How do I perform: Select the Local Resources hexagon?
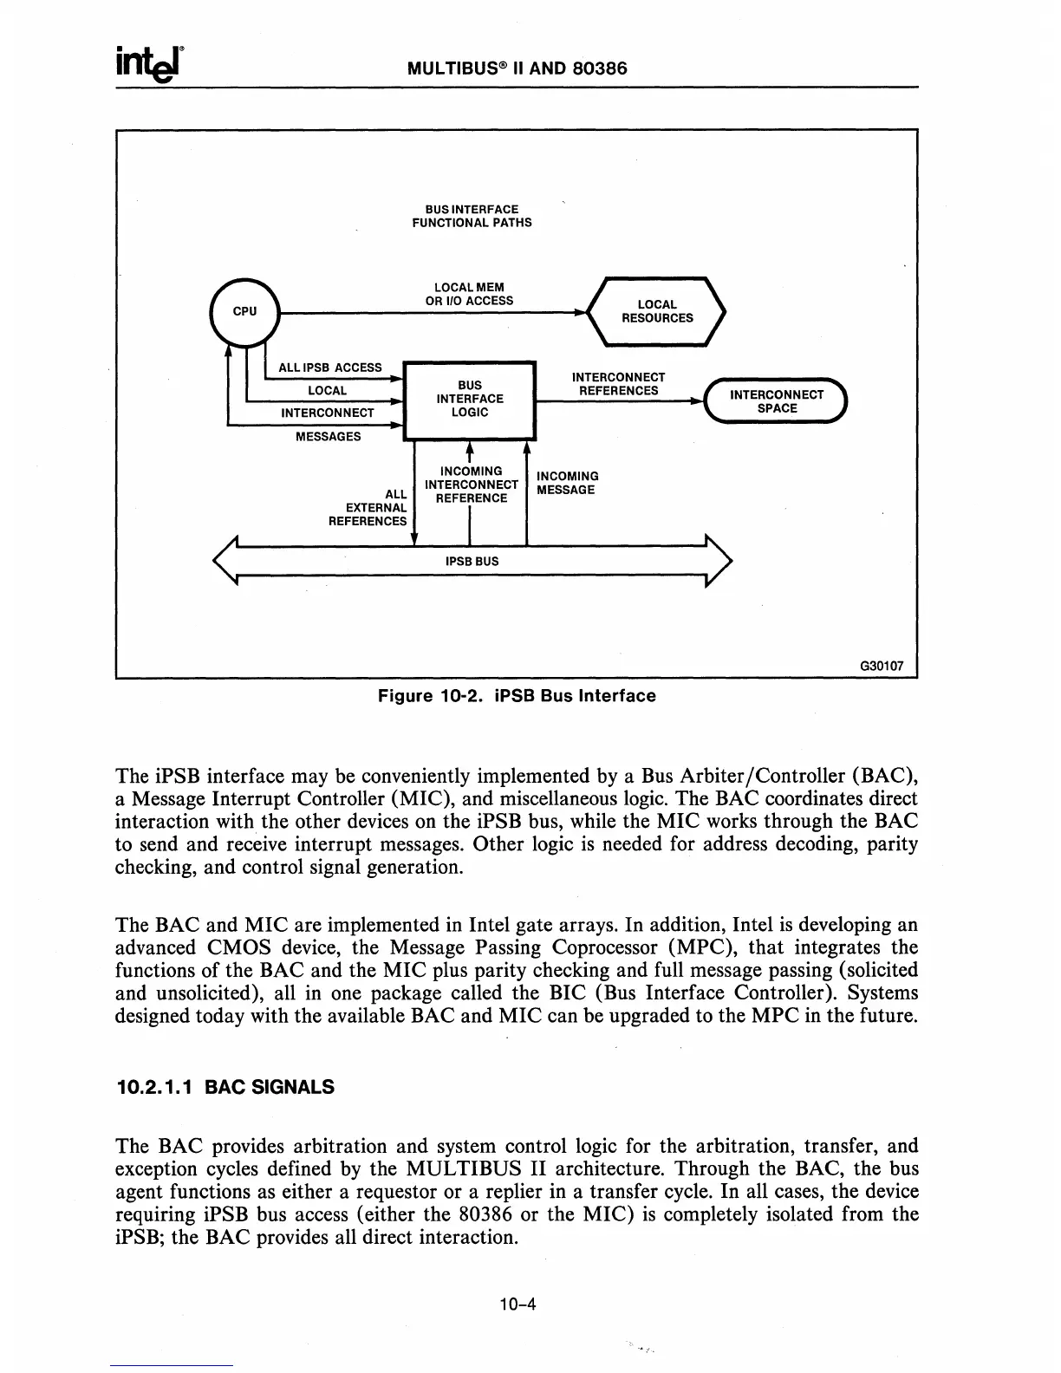pos(657,311)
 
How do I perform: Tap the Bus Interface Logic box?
pos(470,399)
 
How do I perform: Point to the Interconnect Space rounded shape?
pos(776,401)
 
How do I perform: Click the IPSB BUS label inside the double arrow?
pos(472,561)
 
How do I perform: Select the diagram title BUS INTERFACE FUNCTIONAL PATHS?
pos(472,216)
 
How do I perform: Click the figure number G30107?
pos(881,667)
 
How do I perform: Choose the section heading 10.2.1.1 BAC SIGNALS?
pos(225,1087)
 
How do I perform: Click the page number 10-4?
pos(518,1303)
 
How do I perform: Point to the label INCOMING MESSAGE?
pos(567,483)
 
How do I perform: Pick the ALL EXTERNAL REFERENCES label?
pos(368,507)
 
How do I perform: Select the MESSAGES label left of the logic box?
pos(328,436)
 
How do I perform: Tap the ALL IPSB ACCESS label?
pos(329,368)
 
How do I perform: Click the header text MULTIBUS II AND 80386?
pos(517,68)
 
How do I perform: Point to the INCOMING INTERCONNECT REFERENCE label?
pos(471,485)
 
